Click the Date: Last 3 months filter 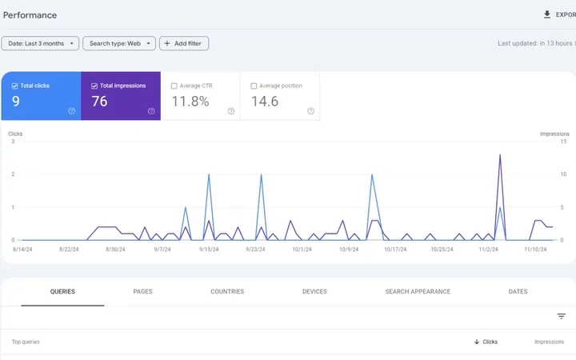pos(40,43)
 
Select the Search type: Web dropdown pos(119,43)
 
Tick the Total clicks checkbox pos(14,86)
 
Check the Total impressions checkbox pos(94,86)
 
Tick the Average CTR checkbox pos(174,86)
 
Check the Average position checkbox pos(254,86)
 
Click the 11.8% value pos(190,102)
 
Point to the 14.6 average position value pos(265,102)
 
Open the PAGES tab pos(142,291)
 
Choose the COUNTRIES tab pos(227,291)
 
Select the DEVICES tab pos(314,291)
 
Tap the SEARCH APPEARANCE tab pos(418,291)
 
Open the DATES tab pos(518,291)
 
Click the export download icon pos(547,14)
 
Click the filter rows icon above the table pos(561,316)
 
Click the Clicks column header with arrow pos(486,342)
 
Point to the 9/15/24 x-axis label pos(209,249)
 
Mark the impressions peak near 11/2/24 pos(500,155)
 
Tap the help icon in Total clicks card pos(72,111)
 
